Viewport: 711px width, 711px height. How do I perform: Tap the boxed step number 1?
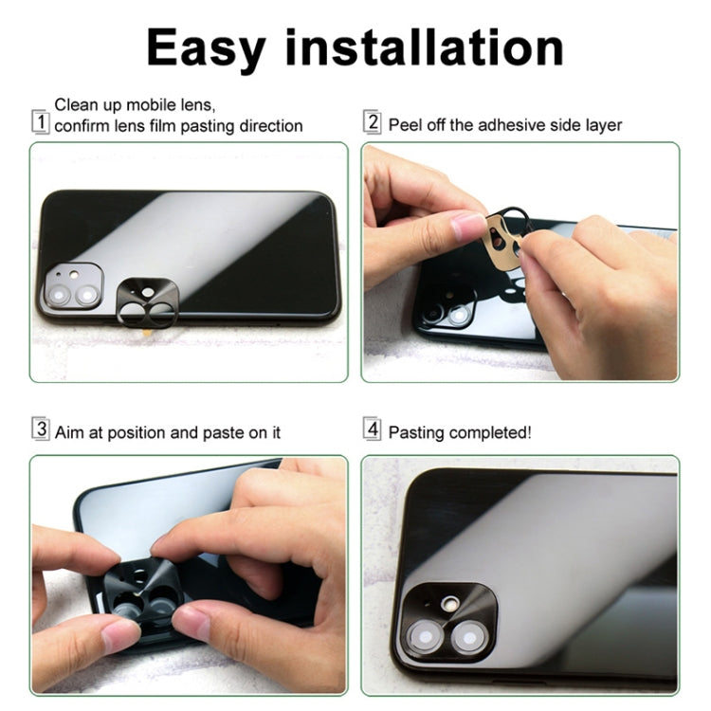41,122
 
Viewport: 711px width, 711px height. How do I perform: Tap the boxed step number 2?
374,122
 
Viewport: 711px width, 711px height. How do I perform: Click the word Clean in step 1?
76,105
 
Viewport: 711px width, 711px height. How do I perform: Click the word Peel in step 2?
405,125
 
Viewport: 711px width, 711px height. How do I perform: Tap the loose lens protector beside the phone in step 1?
149,302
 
